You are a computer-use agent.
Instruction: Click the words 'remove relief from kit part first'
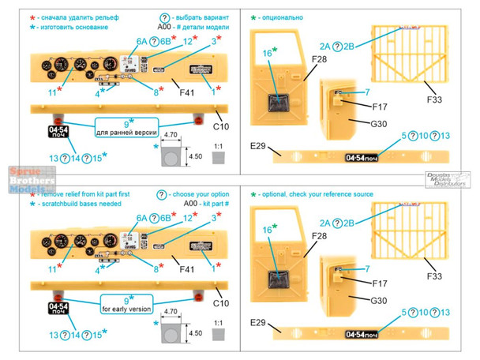(87, 193)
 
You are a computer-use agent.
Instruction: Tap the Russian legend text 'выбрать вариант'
(207, 14)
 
